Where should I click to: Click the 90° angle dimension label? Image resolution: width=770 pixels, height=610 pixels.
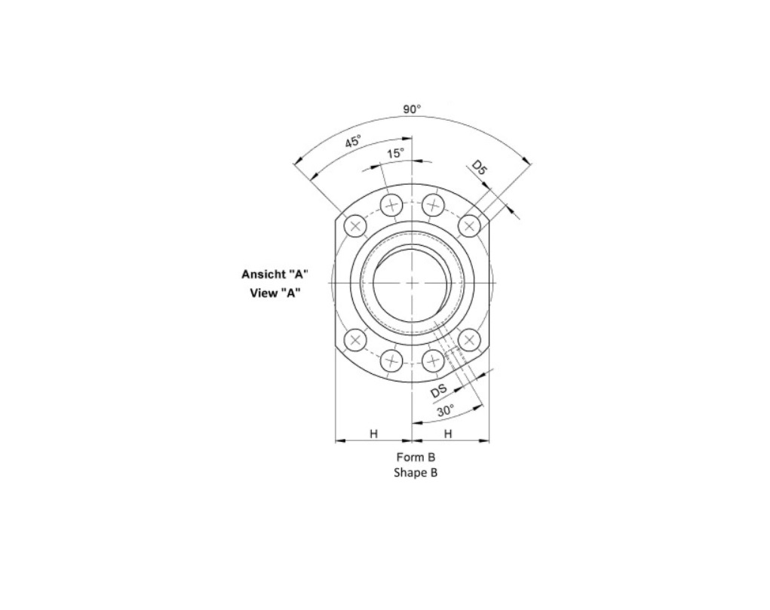(x=412, y=109)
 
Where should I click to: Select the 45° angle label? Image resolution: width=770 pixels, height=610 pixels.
(x=353, y=142)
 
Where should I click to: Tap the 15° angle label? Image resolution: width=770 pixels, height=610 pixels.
(x=395, y=153)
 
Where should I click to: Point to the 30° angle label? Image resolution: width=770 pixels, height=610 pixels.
(x=446, y=411)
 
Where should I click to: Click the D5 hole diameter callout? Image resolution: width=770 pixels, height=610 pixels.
(x=480, y=167)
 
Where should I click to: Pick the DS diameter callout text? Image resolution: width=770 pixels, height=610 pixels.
(x=438, y=391)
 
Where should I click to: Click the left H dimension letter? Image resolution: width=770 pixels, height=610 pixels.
(x=374, y=434)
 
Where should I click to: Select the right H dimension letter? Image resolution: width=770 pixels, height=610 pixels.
(x=448, y=434)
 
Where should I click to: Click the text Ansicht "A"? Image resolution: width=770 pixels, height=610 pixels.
(x=275, y=274)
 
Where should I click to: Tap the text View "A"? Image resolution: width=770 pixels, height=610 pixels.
(x=275, y=293)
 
